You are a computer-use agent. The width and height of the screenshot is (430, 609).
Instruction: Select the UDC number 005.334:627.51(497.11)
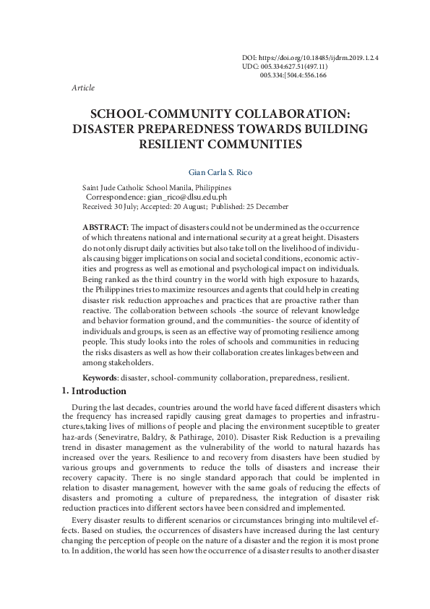coord(295,65)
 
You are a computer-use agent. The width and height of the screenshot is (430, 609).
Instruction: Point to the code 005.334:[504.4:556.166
coord(293,74)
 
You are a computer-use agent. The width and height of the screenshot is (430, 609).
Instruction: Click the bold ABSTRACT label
coord(106,227)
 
